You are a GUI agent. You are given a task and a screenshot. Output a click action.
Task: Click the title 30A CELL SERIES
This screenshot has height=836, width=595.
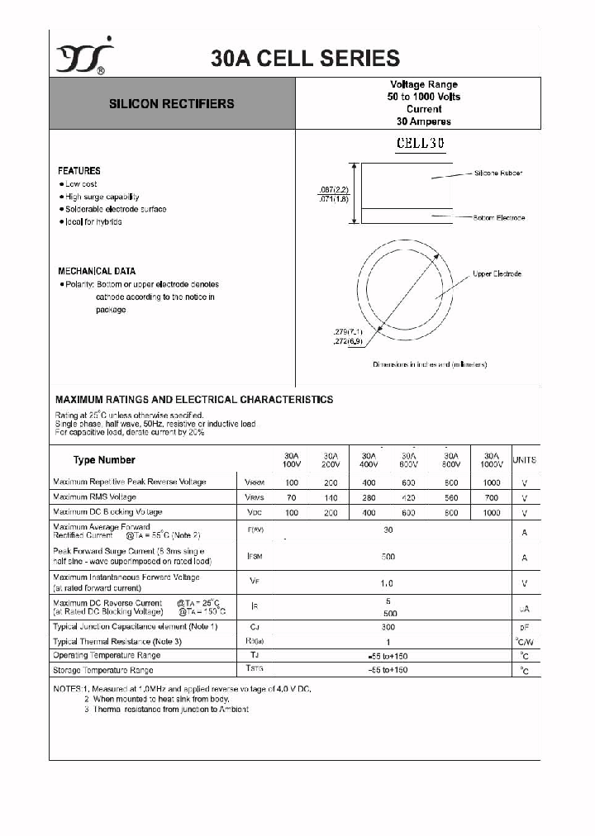tap(305, 58)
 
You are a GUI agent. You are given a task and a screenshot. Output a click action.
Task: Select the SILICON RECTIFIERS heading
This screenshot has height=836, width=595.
tap(172, 104)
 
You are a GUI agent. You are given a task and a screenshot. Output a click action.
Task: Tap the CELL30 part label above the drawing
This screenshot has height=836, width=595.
tap(421, 142)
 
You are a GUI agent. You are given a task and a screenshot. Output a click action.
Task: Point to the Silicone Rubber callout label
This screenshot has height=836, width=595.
tap(498, 173)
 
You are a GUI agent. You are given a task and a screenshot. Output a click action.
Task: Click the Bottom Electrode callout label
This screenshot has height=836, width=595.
tap(499, 218)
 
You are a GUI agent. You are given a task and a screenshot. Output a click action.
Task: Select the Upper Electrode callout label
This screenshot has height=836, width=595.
tap(497, 273)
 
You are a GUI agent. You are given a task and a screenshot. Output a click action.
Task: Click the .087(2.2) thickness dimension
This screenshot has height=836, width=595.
tap(335, 189)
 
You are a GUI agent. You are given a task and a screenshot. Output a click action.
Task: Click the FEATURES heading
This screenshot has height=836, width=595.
tap(79, 171)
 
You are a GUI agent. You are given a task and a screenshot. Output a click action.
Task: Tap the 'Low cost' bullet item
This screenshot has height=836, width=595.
tap(81, 184)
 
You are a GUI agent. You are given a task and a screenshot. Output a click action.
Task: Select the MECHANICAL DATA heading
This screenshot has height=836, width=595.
tap(97, 271)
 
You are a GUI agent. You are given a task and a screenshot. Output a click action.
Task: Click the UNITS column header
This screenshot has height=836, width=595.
tap(524, 459)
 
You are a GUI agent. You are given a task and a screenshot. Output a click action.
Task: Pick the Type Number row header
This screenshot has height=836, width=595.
tap(104, 460)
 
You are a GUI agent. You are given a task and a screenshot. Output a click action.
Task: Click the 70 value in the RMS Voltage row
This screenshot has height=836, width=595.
tap(291, 497)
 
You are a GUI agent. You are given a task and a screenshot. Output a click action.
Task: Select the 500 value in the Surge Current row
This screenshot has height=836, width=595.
tap(388, 557)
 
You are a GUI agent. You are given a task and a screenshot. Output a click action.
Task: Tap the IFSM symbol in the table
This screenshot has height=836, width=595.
tap(255, 557)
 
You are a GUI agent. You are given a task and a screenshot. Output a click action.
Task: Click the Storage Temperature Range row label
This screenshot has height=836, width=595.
tap(103, 670)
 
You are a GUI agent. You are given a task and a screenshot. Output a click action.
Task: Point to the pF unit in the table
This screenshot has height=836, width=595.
tap(524, 628)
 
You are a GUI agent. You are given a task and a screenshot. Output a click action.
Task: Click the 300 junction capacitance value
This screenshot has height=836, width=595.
tap(388, 627)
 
